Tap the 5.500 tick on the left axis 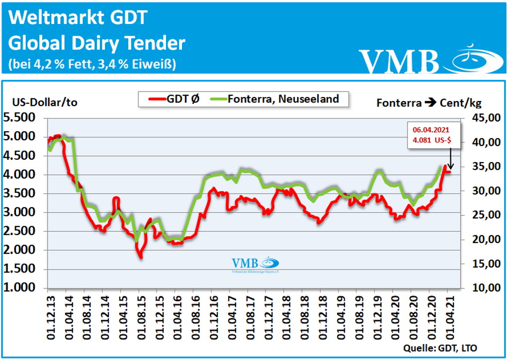click(x=21, y=118)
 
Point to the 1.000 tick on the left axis click(x=21, y=288)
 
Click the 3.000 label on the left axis click(x=21, y=212)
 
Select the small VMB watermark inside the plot click(x=255, y=265)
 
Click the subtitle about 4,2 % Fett click(x=92, y=65)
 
